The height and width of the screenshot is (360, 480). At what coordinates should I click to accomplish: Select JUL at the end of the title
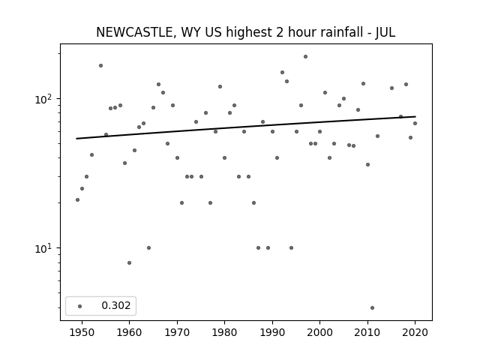pyautogui.click(x=385, y=32)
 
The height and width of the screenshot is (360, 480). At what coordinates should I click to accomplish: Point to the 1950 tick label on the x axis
pyautogui.click(x=82, y=332)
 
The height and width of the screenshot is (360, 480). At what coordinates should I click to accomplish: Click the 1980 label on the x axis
pyautogui.click(x=224, y=332)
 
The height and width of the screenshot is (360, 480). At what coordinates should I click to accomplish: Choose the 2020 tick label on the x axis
pyautogui.click(x=415, y=332)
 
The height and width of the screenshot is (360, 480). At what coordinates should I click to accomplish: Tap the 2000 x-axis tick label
pyautogui.click(x=319, y=332)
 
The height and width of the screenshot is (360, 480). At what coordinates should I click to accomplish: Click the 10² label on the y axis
pyautogui.click(x=45, y=99)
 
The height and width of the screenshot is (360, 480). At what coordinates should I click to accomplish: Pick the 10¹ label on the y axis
pyautogui.click(x=45, y=248)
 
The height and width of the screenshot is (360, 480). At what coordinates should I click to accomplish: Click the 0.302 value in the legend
pyautogui.click(x=116, y=305)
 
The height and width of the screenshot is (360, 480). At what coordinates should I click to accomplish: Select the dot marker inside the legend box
pyautogui.click(x=80, y=306)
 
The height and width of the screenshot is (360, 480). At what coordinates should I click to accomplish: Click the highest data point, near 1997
pyautogui.click(x=305, y=57)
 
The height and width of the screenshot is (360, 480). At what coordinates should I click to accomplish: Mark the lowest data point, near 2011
pyautogui.click(x=372, y=308)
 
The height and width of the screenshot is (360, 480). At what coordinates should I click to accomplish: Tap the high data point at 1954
pyautogui.click(x=100, y=65)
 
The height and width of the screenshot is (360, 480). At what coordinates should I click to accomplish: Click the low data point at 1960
pyautogui.click(x=129, y=263)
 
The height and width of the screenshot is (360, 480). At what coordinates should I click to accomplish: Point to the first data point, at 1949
pyautogui.click(x=77, y=200)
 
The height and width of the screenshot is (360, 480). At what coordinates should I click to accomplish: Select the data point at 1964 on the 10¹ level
pyautogui.click(x=148, y=248)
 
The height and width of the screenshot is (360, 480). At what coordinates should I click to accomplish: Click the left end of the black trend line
pyautogui.click(x=76, y=139)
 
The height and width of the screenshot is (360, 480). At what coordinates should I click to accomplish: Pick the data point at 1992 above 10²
pyautogui.click(x=282, y=73)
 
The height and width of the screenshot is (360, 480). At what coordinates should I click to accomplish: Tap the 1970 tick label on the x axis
pyautogui.click(x=177, y=332)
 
